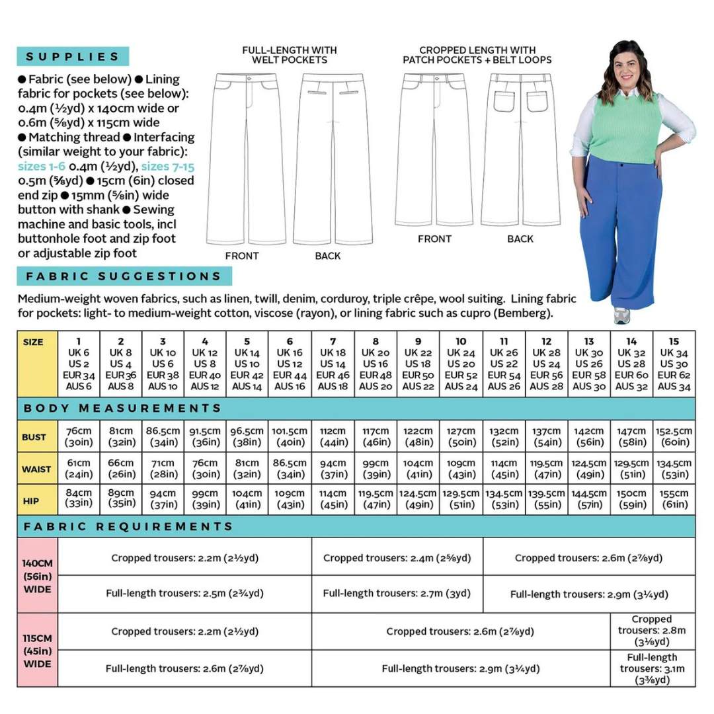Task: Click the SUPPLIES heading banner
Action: click(x=73, y=57)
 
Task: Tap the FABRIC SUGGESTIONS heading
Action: click(x=124, y=276)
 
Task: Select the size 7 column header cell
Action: click(x=333, y=364)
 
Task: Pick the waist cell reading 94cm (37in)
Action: click(x=333, y=469)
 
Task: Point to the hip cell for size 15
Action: click(x=674, y=499)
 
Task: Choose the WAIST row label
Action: click(x=37, y=469)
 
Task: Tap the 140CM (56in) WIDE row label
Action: click(x=37, y=575)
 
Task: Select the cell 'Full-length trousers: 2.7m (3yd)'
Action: click(x=397, y=593)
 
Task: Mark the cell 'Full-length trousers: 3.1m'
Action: click(x=652, y=668)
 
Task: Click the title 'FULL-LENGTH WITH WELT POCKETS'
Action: click(x=289, y=55)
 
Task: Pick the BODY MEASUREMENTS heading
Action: click(x=122, y=408)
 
